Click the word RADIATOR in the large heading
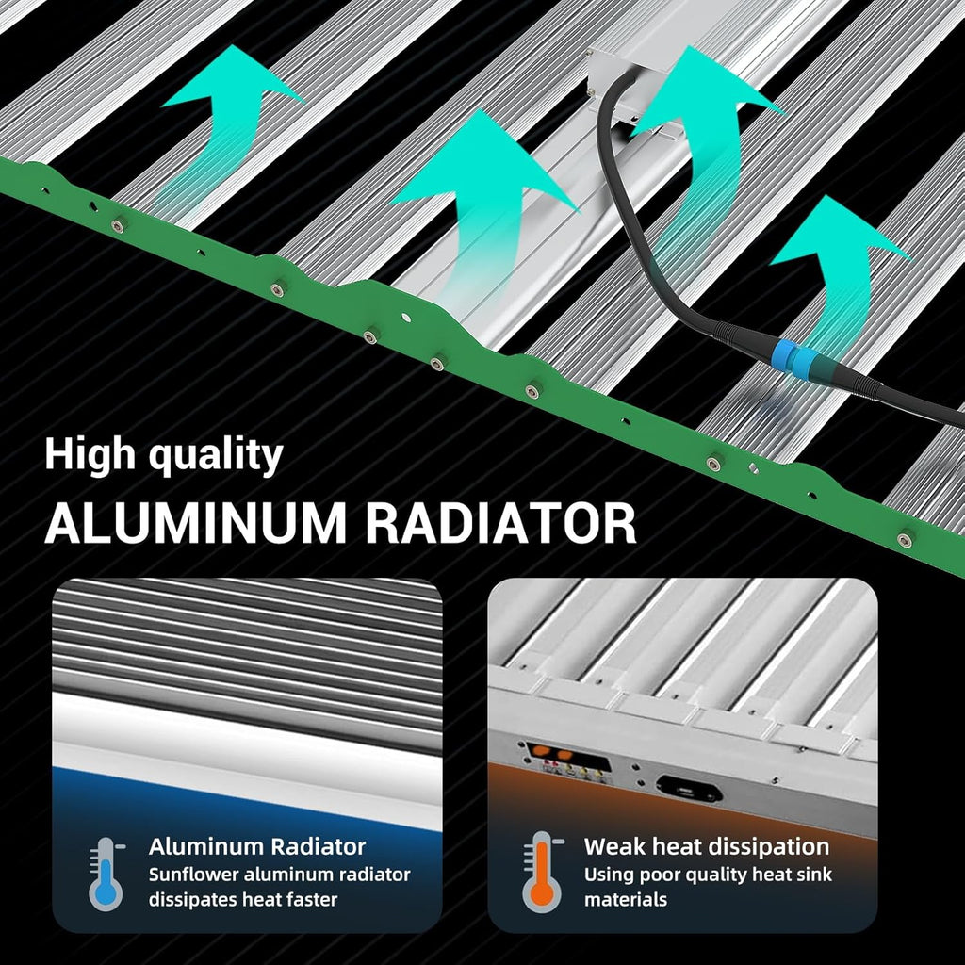coord(501,523)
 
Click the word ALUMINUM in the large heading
coord(196,523)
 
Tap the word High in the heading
coord(90,455)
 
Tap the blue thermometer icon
coord(106,874)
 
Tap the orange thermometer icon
coord(543,872)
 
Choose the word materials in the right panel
coord(626,900)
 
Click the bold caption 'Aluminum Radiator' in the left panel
coord(257,847)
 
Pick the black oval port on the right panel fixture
coord(689,789)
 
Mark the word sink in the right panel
coord(812,875)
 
